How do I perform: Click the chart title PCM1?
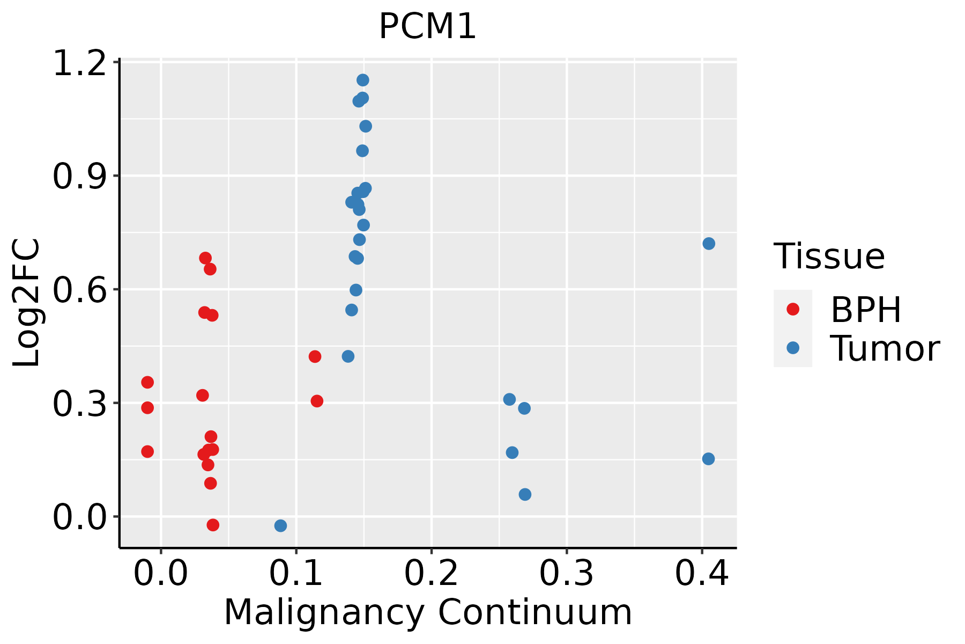[427, 27]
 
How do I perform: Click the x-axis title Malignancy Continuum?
[428, 612]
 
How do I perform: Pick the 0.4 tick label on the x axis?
[701, 573]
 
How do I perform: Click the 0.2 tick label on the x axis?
[431, 573]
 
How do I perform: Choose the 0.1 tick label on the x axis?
[296, 573]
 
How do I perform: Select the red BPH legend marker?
[792, 309]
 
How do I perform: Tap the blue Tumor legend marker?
[792, 348]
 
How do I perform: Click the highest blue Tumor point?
[363, 80]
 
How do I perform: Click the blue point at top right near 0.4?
[709, 244]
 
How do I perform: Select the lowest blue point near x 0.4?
[708, 459]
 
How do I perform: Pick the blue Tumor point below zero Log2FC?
[280, 525]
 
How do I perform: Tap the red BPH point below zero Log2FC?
[213, 525]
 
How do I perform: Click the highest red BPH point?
[205, 258]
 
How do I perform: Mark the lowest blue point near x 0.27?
[525, 494]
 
